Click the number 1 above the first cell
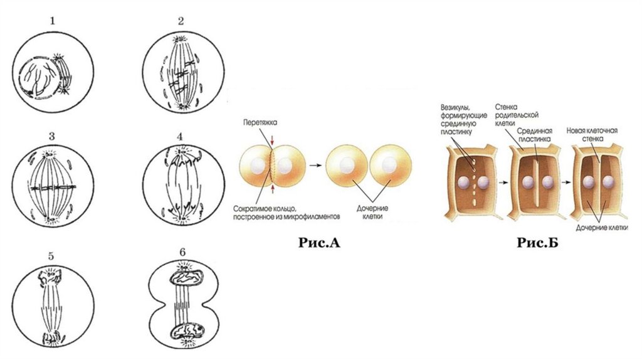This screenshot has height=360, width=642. pyautogui.click(x=53, y=21)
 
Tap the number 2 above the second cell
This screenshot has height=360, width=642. pyautogui.click(x=181, y=21)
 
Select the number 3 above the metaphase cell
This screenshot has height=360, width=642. pyautogui.click(x=53, y=136)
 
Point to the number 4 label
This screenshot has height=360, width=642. pyautogui.click(x=181, y=136)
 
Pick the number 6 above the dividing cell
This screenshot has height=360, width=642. pyautogui.click(x=182, y=252)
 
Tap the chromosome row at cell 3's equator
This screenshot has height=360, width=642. pyautogui.click(x=53, y=188)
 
